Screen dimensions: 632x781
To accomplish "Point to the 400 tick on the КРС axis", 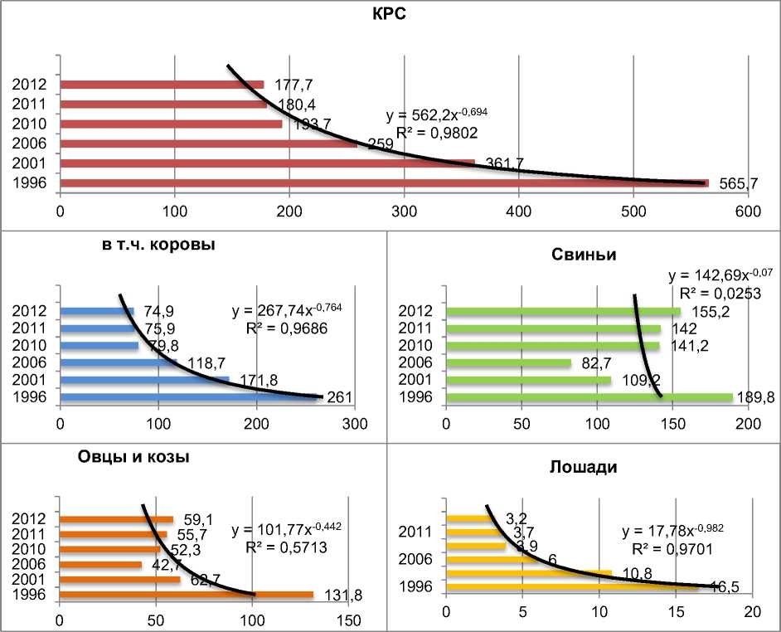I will click(519, 211).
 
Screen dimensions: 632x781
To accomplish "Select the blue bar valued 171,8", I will click(144, 380).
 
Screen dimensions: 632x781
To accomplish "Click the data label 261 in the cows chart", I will click(338, 398).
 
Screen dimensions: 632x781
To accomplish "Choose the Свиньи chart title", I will click(585, 254).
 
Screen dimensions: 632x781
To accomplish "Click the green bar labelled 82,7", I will click(508, 362).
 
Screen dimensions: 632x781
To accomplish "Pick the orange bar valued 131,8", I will click(186, 594).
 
